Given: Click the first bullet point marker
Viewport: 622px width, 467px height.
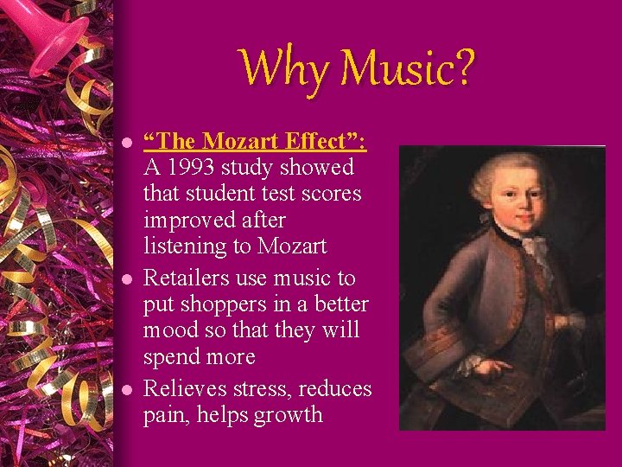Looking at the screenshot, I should coord(126,142).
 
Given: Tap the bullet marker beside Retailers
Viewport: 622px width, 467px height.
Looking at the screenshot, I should coord(126,279).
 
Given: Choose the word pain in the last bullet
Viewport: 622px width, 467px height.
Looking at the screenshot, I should coord(166,416).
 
